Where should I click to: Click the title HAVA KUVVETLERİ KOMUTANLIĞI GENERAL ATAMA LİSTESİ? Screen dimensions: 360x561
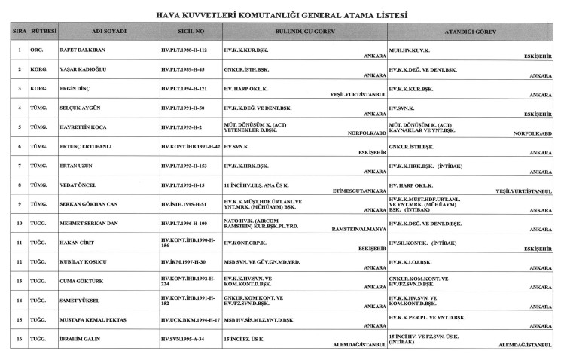(280, 14)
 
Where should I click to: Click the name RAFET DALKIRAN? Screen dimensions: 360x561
(82, 50)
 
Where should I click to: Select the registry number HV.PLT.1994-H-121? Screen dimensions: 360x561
(184, 89)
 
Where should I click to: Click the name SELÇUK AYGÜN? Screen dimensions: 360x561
(79, 108)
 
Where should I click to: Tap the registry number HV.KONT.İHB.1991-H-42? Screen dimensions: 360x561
(191, 147)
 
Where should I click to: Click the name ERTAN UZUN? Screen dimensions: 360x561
(75, 166)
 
